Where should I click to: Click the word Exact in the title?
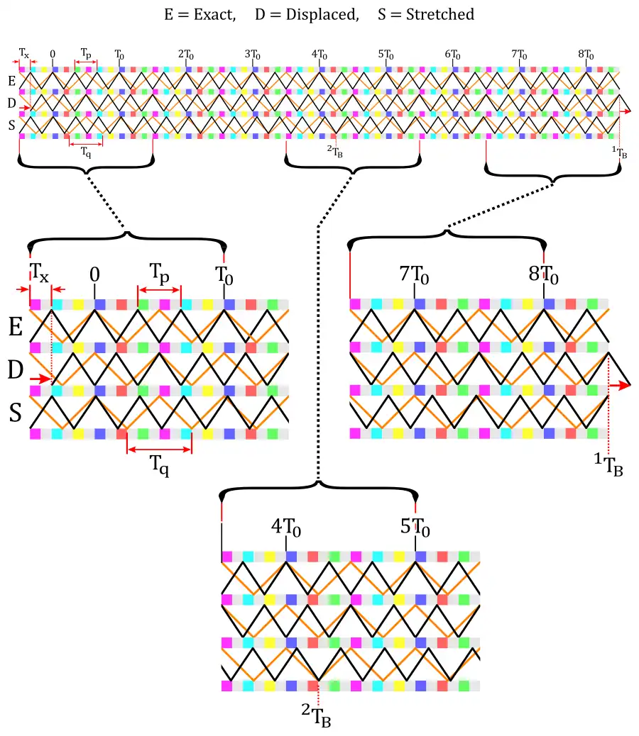[215, 15]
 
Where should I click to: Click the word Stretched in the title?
[439, 15]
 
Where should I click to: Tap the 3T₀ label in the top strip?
[253, 55]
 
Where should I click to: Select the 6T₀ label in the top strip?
[452, 55]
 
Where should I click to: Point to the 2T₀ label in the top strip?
[186, 55]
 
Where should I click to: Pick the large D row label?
[16, 369]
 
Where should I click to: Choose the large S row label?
[16, 413]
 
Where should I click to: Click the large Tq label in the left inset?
[159, 467]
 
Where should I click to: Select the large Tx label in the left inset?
[40, 272]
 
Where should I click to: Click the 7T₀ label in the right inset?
[415, 274]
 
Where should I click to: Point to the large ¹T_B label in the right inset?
[609, 465]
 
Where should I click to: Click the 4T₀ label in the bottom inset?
[286, 528]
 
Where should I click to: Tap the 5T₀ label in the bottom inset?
[415, 528]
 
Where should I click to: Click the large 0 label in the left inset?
[94, 274]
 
